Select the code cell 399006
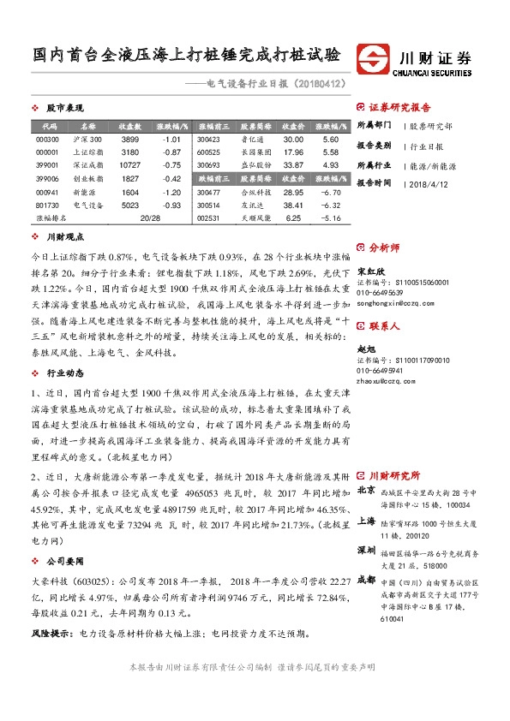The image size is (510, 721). (x=47, y=178)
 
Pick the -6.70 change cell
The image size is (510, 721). (x=330, y=193)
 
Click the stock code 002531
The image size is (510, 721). (x=208, y=218)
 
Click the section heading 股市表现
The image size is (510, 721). (x=63, y=109)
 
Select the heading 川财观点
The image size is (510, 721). (x=64, y=236)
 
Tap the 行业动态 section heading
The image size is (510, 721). (x=64, y=373)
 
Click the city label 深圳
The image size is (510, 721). (x=365, y=548)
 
